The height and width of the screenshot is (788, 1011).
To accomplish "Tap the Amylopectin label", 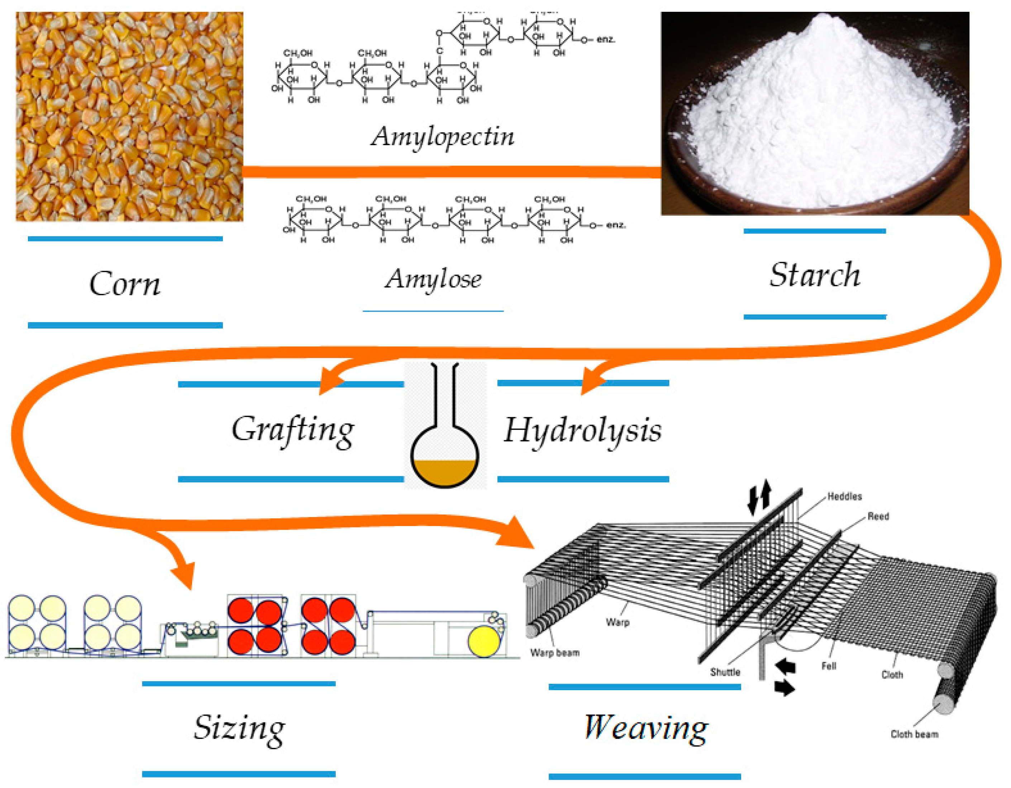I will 442,137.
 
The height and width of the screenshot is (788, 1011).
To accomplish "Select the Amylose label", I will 433,279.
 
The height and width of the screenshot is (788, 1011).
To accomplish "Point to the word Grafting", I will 292,430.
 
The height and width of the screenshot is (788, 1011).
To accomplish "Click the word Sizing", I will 239,727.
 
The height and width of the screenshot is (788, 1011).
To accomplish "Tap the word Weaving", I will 645,727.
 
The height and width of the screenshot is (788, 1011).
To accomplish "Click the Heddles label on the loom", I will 844,496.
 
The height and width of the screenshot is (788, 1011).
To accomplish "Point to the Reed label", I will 878,516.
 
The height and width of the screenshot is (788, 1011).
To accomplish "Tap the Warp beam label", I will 554,653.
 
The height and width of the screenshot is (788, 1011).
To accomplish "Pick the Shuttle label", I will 725,672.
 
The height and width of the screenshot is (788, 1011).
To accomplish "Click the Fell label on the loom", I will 829,666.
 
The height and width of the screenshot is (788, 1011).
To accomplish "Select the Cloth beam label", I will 914,734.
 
